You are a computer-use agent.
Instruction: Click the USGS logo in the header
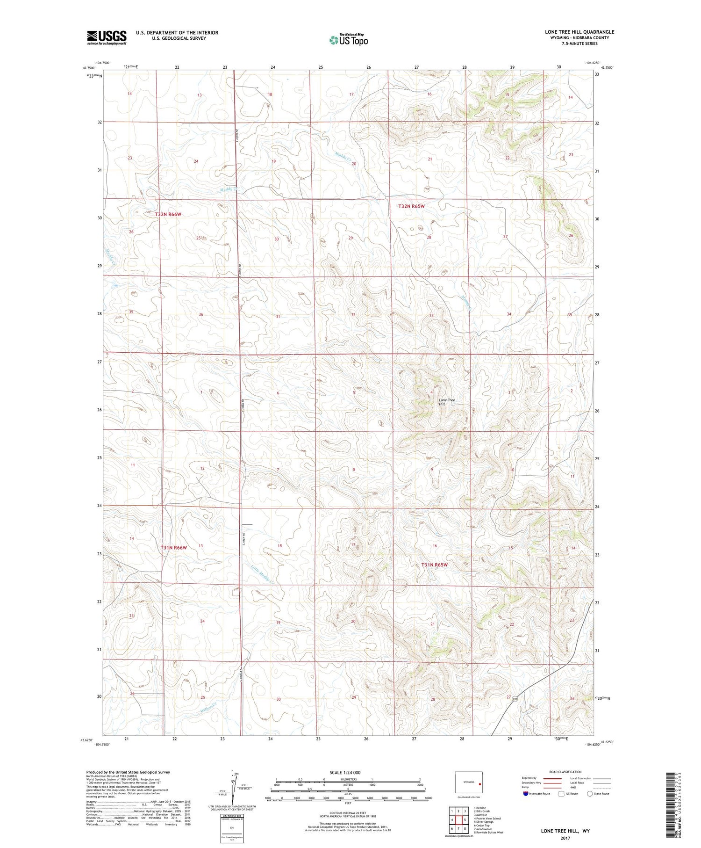tap(107, 37)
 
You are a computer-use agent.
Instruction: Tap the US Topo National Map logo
tap(348, 40)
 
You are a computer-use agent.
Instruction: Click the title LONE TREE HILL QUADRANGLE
tap(579, 32)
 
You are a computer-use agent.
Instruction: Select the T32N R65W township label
tap(411, 206)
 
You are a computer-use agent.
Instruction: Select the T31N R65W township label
tap(434, 565)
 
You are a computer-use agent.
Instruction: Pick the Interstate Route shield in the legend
tap(526, 794)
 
